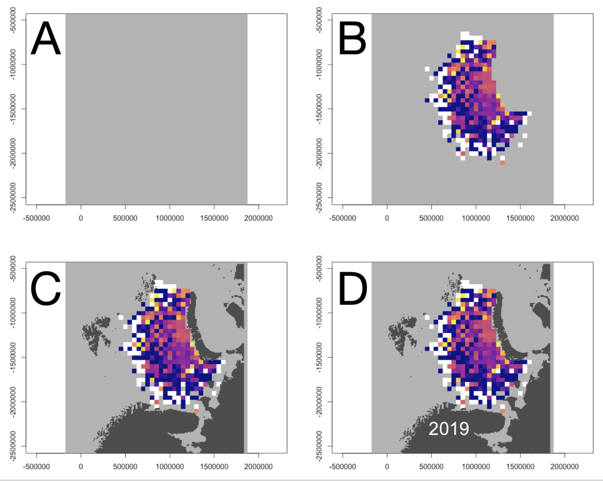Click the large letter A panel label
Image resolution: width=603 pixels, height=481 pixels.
coord(46,39)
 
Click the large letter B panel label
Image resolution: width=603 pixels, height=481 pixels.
coord(352,39)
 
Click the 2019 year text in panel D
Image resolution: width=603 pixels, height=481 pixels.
coord(448,429)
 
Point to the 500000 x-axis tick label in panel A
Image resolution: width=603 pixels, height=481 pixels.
coord(125,218)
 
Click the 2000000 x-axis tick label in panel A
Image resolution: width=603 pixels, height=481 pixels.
coord(258,218)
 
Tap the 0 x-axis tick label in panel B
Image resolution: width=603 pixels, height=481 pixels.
coord(387,218)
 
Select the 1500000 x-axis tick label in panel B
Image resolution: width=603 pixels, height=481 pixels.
coord(520,218)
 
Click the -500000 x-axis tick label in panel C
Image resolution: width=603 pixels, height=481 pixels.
coord(37,466)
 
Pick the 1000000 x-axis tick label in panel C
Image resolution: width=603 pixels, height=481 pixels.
coord(170,466)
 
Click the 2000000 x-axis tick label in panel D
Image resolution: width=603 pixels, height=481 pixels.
coord(565,466)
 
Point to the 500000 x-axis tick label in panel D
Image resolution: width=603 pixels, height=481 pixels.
coord(431,466)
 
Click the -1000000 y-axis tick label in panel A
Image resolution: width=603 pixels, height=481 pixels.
coord(14,64)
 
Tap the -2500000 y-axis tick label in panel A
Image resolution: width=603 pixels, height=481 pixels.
coord(14,198)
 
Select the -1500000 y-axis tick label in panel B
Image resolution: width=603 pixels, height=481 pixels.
coord(320,109)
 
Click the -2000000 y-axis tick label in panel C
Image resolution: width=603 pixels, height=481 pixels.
coord(14,402)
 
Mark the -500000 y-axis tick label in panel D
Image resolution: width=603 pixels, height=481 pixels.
coord(320,268)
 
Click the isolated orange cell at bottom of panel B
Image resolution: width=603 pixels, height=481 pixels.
coord(502,162)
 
